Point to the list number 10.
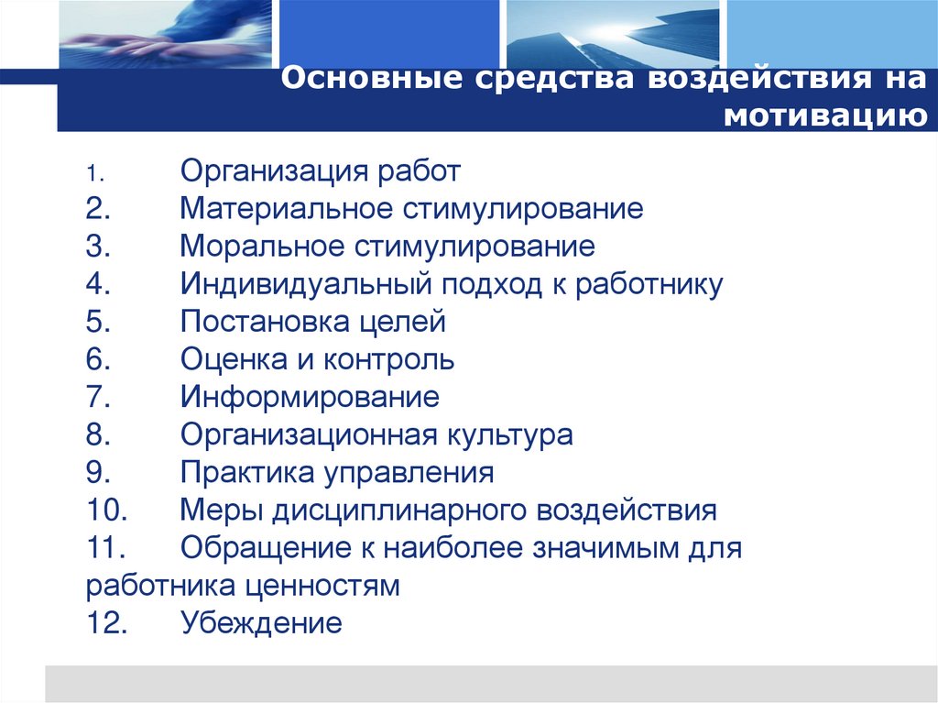107,511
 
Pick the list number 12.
107,624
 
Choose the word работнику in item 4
649,285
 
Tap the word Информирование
310,398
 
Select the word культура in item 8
511,435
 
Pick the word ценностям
327,587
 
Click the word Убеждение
261,624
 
